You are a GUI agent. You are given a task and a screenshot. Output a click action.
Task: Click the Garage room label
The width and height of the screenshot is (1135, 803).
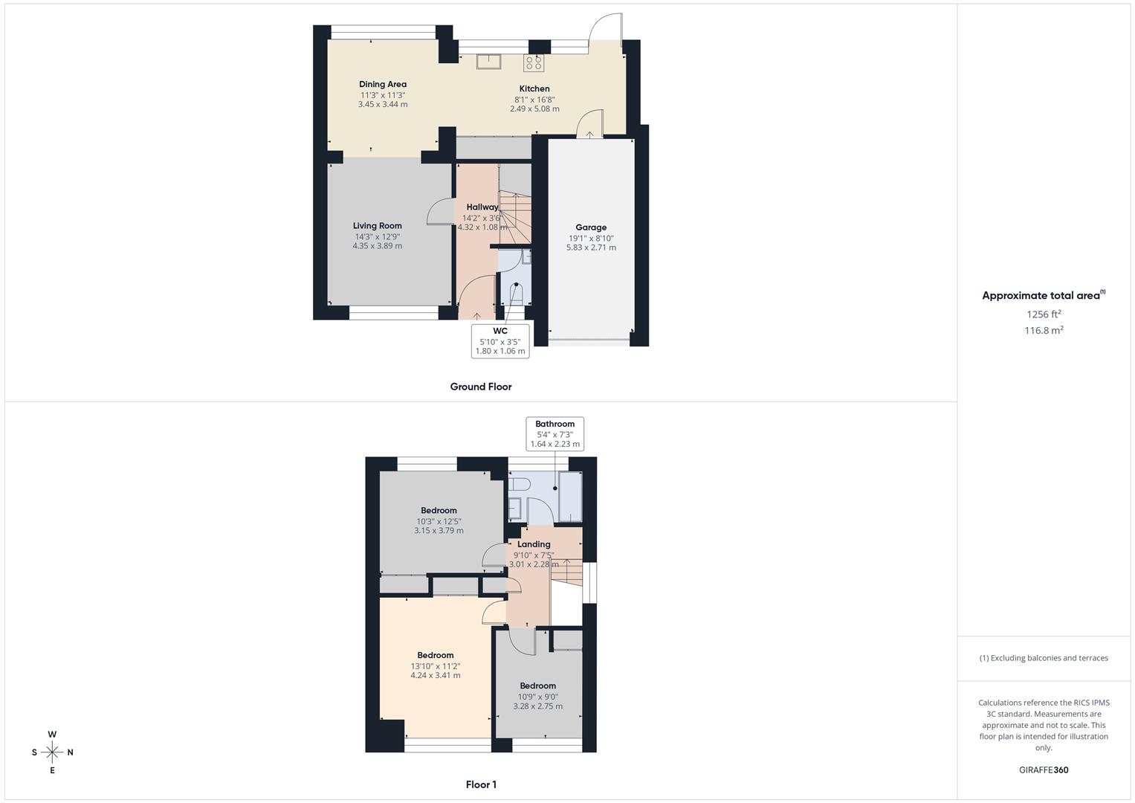coord(591,228)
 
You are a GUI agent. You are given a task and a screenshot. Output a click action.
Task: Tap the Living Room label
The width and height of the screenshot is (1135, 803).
coord(378,226)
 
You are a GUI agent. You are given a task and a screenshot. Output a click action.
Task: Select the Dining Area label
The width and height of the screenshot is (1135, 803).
coord(383,85)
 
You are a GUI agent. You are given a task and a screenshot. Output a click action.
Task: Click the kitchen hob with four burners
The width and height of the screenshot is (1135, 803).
coord(534,62)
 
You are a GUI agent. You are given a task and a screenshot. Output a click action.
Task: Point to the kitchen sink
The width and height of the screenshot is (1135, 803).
coord(489,61)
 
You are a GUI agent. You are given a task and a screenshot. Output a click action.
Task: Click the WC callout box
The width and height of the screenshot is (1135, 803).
coord(500,341)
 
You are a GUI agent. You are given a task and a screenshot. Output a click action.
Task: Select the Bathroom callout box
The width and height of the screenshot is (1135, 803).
coord(555,434)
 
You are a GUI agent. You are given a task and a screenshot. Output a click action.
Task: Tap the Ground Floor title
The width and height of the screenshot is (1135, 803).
coord(481,387)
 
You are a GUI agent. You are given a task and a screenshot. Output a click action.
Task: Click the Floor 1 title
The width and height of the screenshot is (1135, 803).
coord(481,784)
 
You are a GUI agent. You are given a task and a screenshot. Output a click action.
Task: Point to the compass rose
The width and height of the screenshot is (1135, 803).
coord(52,752)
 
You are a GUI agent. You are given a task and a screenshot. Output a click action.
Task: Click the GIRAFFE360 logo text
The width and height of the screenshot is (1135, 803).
coord(1044,770)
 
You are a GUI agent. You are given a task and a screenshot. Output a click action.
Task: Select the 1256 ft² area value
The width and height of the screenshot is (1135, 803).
coord(1044,315)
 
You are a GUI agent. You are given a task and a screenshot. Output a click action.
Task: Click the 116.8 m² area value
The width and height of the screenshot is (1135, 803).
coord(1044,331)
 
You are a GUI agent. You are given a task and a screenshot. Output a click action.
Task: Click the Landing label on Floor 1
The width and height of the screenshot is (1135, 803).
coord(534,544)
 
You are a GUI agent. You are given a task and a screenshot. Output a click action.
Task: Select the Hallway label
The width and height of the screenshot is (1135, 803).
coord(482,207)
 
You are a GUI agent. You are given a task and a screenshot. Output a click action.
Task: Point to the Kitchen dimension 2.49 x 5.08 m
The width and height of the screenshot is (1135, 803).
coord(534,109)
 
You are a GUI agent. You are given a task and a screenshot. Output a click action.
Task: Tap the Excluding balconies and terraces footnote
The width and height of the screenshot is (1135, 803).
coord(1044,658)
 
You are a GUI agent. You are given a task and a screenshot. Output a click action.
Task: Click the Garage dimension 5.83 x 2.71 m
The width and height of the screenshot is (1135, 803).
coord(591,248)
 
